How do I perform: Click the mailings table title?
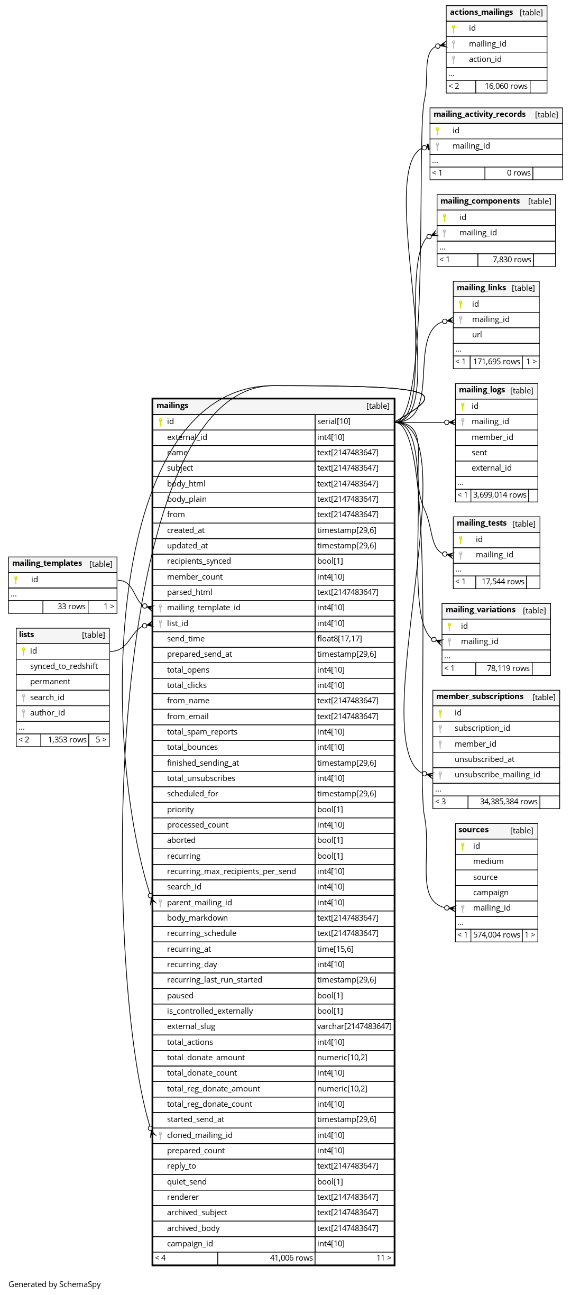[172, 406]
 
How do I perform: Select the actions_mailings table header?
[481, 12]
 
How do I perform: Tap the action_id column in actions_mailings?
[485, 59]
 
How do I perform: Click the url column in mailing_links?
[477, 335]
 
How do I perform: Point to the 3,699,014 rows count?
[499, 495]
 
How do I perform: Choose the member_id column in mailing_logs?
[492, 437]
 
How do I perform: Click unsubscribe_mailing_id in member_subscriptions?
[497, 775]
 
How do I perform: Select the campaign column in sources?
[491, 893]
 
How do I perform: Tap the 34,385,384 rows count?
[508, 802]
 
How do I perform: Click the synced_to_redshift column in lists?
[64, 666]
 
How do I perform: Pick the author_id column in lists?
[48, 713]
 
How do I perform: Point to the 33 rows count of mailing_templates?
[71, 607]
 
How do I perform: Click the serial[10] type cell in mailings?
[334, 421]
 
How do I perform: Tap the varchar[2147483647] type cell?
[354, 1026]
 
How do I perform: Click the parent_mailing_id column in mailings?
[199, 903]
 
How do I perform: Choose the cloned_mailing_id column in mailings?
[199, 1135]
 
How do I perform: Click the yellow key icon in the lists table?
[23, 651]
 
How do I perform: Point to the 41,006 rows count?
[291, 1258]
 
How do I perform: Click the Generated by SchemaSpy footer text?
[54, 1284]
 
